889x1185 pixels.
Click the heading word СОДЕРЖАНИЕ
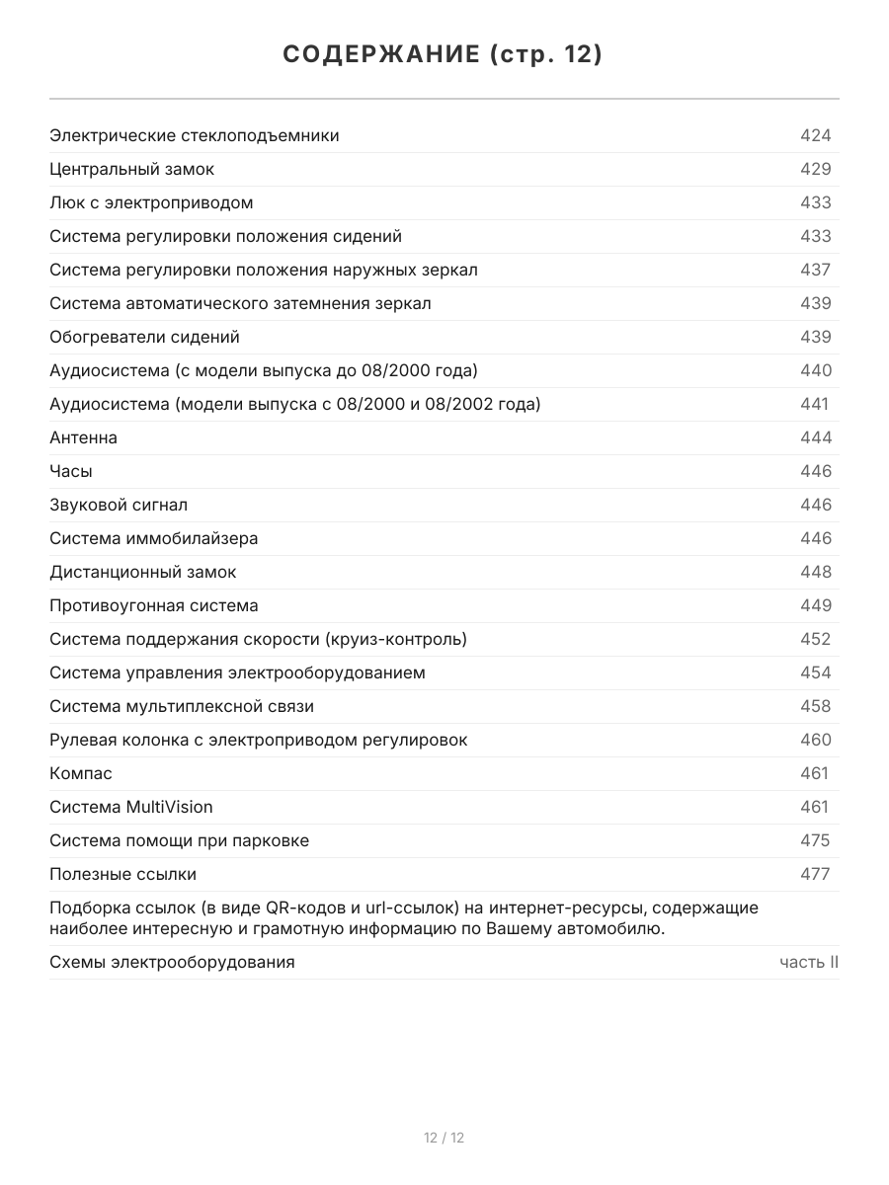[381, 55]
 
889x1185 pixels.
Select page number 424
[815, 135]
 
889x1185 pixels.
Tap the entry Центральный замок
[131, 169]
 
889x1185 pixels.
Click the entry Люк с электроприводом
[151, 202]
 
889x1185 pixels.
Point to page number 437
[815, 270]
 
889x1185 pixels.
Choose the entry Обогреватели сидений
[144, 337]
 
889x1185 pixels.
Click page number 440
[815, 370]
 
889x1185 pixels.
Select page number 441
[814, 404]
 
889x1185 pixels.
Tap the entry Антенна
[83, 437]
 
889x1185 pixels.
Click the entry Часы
[71, 471]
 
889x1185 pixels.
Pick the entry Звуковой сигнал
[119, 505]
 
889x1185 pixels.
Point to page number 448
[815, 572]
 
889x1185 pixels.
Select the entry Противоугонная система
[154, 605]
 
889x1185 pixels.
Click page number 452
[815, 639]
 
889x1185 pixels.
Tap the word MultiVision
[169, 807]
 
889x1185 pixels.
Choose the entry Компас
[81, 773]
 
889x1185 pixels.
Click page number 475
[815, 840]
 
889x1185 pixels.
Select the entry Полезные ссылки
[122, 874]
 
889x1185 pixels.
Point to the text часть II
[809, 962]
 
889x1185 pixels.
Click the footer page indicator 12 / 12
[444, 1138]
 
